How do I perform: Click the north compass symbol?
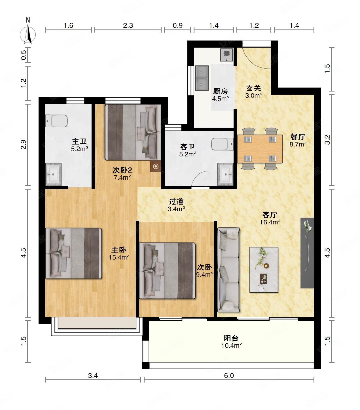pos(28,32)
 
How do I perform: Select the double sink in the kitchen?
pos(202,78)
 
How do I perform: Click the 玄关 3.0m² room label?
pos(254,92)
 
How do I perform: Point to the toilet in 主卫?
pos(56,121)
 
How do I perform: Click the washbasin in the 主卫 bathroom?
pos(53,174)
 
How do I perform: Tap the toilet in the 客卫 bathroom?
pos(222,144)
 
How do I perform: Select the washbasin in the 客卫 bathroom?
pos(226,174)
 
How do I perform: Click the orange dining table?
pos(260,149)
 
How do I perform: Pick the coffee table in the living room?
pos(264,269)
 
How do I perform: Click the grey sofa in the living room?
pos(228,270)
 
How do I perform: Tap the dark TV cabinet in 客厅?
pos(307,253)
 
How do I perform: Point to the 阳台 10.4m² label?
pos(231,342)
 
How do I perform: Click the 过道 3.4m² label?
pos(176,205)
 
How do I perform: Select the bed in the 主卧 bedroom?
pos(73,253)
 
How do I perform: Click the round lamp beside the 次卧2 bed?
pos(156,167)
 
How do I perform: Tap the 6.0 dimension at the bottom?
pos(229,376)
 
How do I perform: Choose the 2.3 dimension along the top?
pos(128,26)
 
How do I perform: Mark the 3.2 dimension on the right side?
pos(327,140)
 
